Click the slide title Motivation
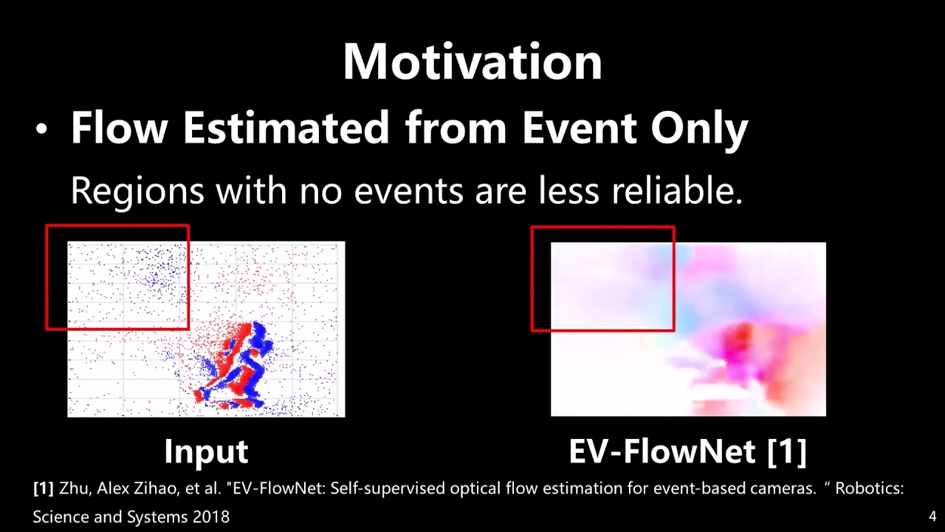(x=472, y=62)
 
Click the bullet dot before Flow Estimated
(x=41, y=130)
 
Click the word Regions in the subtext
(x=137, y=191)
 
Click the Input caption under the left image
(x=206, y=451)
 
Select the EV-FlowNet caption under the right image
(x=663, y=451)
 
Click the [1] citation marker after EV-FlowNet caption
(x=787, y=451)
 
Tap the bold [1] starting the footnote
(x=44, y=489)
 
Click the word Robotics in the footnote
(x=868, y=489)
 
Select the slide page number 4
(x=932, y=516)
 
